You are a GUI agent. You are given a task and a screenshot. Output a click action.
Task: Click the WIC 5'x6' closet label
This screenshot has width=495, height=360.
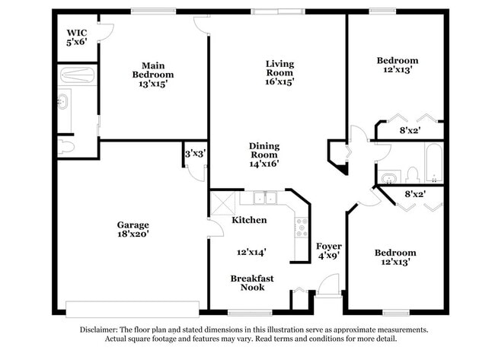click(77, 37)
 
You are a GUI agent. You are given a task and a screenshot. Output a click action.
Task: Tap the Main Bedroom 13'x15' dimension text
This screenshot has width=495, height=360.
click(153, 84)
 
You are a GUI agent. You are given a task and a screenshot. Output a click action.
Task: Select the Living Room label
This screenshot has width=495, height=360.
click(279, 68)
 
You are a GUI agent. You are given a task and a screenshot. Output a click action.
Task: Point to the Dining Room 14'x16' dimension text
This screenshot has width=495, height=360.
click(264, 164)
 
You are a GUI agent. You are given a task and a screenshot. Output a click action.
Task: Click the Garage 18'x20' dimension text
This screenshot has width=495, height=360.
click(133, 234)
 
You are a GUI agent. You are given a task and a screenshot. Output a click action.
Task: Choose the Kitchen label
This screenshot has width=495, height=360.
click(249, 220)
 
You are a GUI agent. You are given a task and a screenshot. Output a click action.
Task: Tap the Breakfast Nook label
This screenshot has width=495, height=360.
click(252, 282)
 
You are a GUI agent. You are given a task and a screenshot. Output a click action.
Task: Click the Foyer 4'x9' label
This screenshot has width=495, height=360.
click(329, 250)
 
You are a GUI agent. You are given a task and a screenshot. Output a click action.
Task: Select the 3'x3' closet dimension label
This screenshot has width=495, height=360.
click(196, 154)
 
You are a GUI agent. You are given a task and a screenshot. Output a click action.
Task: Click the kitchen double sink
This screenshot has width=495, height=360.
click(265, 198)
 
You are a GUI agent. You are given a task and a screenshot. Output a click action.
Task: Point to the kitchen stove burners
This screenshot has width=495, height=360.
click(302, 228)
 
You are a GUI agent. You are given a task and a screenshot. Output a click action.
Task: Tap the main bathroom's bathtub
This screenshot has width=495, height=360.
click(78, 75)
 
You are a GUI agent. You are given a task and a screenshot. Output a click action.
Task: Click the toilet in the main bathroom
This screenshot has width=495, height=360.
click(66, 147)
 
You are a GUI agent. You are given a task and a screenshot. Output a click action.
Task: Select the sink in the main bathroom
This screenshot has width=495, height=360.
click(62, 101)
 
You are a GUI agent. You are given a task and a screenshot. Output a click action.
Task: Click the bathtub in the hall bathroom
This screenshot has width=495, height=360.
click(434, 164)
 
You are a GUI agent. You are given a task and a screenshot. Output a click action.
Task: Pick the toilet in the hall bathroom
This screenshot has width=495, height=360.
click(412, 175)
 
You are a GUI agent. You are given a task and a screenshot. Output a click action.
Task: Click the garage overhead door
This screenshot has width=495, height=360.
click(133, 309)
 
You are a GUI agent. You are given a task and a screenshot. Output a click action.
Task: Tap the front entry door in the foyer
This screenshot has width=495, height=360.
click(329, 286)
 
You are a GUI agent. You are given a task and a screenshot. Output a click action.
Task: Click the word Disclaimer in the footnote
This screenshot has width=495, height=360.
click(99, 330)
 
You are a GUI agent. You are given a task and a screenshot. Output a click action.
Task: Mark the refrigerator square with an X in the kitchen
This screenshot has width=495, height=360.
click(223, 203)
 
